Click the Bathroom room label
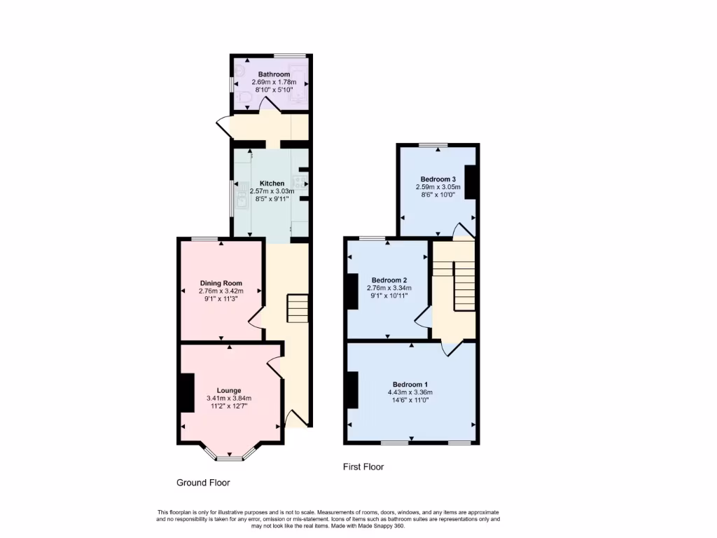[274, 74]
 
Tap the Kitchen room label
[272, 184]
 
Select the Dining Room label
[221, 283]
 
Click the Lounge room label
[229, 390]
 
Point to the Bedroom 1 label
[410, 385]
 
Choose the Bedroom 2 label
[389, 280]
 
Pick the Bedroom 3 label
[438, 179]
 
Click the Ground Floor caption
[202, 483]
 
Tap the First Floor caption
[363, 467]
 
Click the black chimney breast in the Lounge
[186, 393]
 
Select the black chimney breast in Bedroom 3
[471, 182]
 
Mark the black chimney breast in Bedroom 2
[351, 291]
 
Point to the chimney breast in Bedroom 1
[351, 389]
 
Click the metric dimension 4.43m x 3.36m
[410, 392]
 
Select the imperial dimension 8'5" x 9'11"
[272, 198]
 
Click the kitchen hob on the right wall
[297, 184]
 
